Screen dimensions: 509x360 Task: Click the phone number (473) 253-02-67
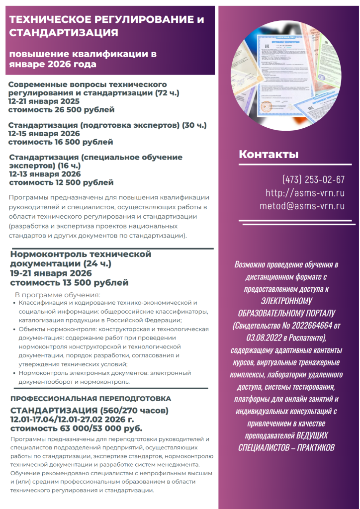tap(313, 179)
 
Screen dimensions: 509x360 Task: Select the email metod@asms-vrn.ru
tap(302, 206)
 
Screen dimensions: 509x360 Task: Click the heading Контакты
tap(269, 154)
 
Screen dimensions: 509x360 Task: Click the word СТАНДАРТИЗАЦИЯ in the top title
tap(64, 33)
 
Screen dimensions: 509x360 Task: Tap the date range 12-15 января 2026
tap(44, 134)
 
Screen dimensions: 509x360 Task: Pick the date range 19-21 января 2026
tap(51, 273)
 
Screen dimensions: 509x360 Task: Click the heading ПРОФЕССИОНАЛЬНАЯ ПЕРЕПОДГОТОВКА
tap(90, 399)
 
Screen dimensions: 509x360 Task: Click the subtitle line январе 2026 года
tap(53, 64)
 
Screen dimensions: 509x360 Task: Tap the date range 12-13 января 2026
tap(45, 174)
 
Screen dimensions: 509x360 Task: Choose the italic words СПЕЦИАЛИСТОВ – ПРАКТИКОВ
tap(286, 447)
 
